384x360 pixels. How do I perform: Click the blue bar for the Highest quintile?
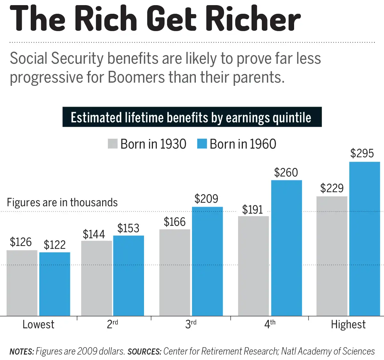pos(364,239)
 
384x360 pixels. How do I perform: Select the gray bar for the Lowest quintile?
pos(22,283)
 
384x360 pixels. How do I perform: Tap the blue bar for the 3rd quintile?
pos(207,261)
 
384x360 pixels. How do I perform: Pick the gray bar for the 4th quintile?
pos(253,266)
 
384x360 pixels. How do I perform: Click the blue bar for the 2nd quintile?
pos(129,276)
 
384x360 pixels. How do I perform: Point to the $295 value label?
pos(362,153)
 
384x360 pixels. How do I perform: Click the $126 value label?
pos(21,242)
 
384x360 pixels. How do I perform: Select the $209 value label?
pos(206,199)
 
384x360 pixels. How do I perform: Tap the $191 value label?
pos(252,210)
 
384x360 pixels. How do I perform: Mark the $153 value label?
pos(128,228)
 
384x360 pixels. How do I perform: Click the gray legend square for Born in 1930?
pos(113,144)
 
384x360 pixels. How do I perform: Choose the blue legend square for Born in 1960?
pos(202,144)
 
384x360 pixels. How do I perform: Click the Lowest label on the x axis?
pos(38,324)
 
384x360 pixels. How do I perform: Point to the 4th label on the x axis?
pos(269,324)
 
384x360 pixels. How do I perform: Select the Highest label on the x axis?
pos(348,324)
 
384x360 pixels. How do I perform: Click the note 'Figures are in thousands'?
pos(62,202)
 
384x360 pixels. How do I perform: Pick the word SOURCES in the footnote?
pos(144,351)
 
